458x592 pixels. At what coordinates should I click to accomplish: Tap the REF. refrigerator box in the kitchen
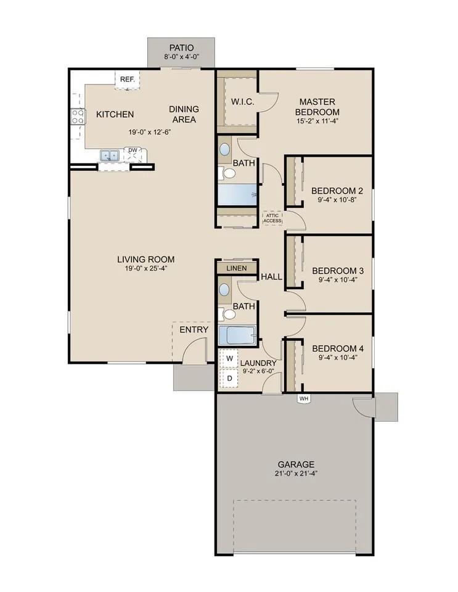[x=128, y=80]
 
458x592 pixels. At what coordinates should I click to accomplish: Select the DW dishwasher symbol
[x=133, y=150]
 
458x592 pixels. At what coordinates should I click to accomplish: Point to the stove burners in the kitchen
[x=78, y=116]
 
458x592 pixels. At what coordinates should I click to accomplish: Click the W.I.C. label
[x=242, y=101]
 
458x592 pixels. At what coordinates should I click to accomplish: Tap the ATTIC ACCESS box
[x=273, y=218]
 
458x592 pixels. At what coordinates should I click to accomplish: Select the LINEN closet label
[x=237, y=268]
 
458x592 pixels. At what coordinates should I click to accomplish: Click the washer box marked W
[x=229, y=358]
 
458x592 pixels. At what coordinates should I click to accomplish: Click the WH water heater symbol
[x=303, y=398]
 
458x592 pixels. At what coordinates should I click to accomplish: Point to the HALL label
[x=271, y=277]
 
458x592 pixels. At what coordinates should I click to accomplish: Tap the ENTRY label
[x=194, y=330]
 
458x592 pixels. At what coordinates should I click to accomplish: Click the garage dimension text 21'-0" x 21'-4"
[x=296, y=474]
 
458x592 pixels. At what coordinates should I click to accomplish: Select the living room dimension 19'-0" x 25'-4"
[x=145, y=268]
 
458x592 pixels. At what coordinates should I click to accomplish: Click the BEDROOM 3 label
[x=337, y=271]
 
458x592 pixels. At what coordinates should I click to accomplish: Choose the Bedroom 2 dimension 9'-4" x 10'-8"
[x=337, y=199]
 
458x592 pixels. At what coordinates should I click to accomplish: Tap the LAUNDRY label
[x=258, y=363]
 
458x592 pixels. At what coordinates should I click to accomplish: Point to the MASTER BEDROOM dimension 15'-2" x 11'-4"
[x=317, y=121]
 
